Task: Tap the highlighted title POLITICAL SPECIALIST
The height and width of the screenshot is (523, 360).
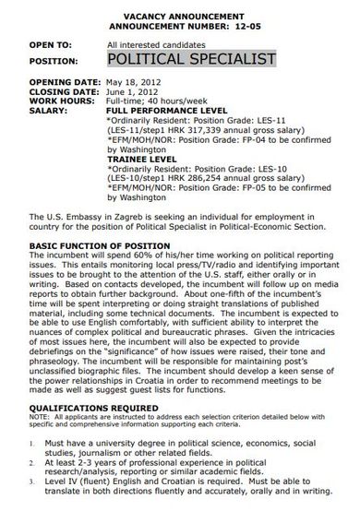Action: [191, 60]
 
